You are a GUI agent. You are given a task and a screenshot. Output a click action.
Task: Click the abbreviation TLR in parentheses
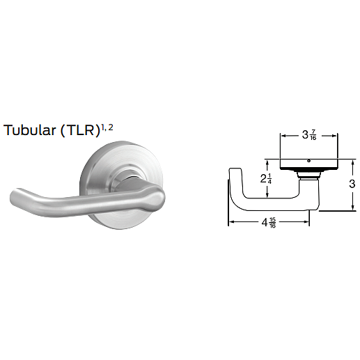tap(79, 130)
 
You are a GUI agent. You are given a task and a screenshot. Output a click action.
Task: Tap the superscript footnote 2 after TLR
tap(111, 127)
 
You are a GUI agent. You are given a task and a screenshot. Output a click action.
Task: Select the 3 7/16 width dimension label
tap(309, 135)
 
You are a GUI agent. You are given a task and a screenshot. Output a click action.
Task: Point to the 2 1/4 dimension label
tap(266, 179)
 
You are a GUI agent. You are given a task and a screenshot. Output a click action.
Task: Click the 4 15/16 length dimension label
tap(269, 223)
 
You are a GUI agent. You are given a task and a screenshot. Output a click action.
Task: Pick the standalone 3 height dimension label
tap(352, 184)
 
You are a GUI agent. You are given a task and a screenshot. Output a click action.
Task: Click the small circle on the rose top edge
tap(308, 161)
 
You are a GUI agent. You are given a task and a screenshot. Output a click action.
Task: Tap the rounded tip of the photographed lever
tap(15, 196)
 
